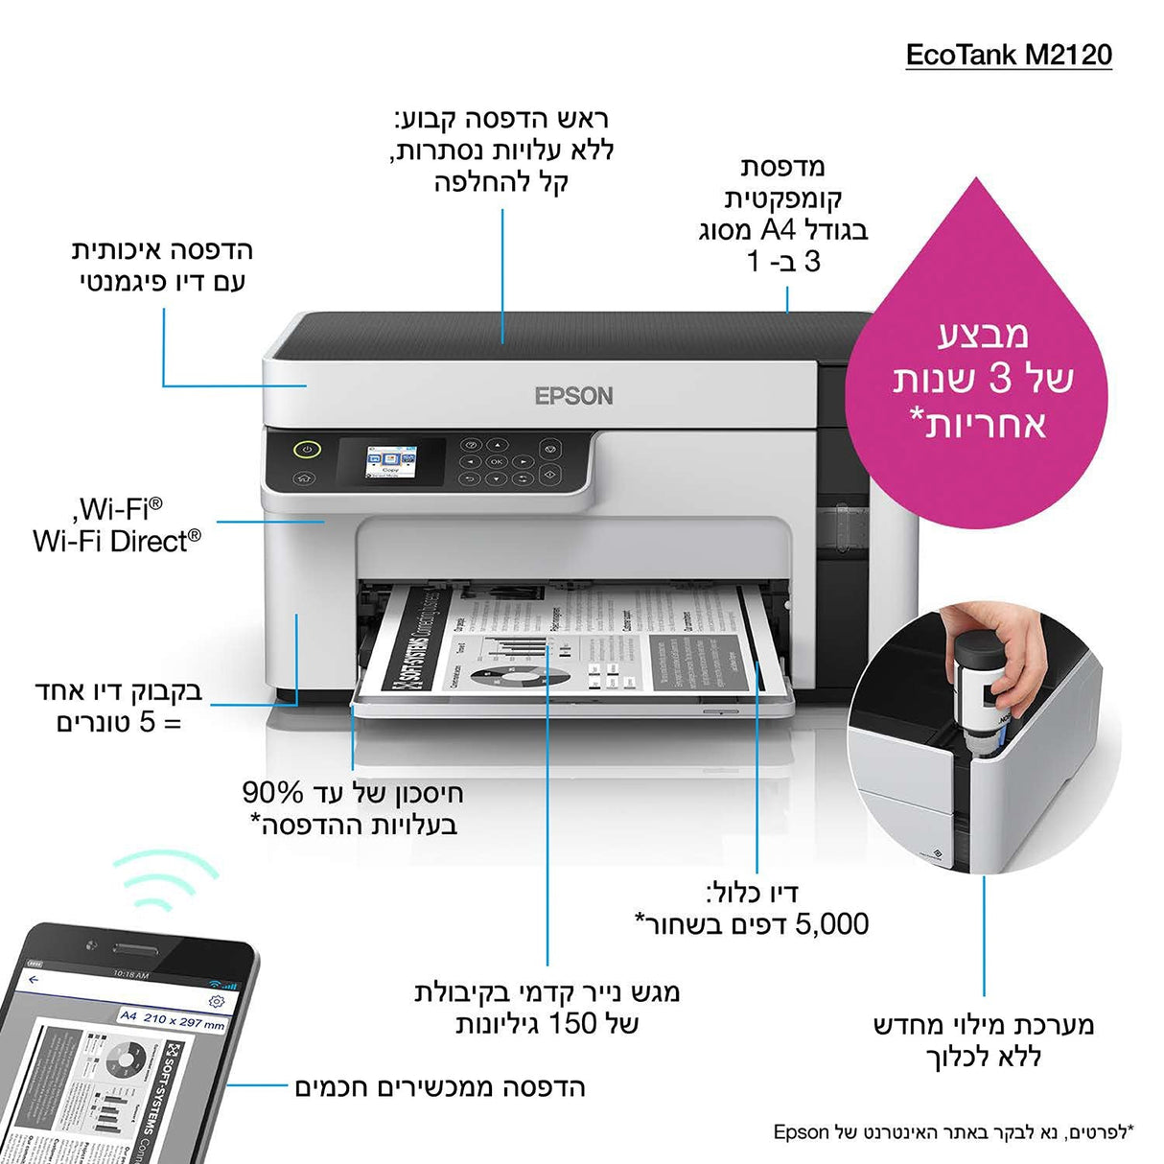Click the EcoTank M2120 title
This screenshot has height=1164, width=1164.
pos(1009,54)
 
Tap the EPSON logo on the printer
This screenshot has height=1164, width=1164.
pos(573,396)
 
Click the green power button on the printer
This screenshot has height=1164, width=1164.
pos(306,448)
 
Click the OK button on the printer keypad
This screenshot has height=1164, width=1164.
pos(496,461)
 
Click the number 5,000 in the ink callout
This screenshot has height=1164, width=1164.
pos(832,924)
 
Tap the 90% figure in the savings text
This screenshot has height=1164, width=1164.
pos(273,793)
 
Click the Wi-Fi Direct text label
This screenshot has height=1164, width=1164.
pos(117,541)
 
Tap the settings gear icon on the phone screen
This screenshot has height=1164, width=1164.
pos(217,1001)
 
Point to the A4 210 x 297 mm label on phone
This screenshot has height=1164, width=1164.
pos(173,1020)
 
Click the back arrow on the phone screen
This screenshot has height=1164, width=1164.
pos(35,980)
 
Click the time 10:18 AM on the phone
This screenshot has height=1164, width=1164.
pos(130,974)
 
